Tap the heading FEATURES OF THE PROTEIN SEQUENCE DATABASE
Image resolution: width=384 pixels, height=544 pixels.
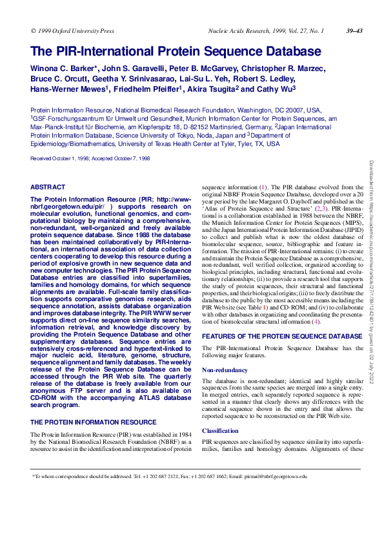coord(278,336)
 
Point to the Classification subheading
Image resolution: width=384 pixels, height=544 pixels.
coord(221,430)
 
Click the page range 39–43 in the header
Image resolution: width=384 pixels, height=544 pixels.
coord(354,30)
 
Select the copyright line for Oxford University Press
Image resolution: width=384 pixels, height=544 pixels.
coord(72,30)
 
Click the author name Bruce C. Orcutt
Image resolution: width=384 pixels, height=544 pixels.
coord(61,79)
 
